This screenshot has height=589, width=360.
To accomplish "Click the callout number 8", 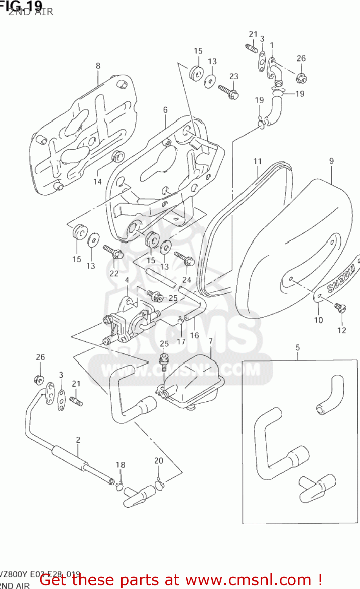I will pos(98,66).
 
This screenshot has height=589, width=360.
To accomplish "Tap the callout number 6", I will pos(165,110).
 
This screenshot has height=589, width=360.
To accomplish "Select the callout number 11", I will pos(258,161).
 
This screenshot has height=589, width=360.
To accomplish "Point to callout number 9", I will pos(332,161).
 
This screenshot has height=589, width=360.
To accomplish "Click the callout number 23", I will pos(234,76).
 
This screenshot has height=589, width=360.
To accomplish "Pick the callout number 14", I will pos(97,181).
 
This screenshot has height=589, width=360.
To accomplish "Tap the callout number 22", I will pos(114,273).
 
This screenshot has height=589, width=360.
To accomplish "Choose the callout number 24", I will pos(186,280).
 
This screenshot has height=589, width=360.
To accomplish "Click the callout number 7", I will pos(211,341).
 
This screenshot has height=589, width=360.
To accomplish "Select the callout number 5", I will pos(298,348).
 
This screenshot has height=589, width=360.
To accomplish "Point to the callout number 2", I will pos(78,440).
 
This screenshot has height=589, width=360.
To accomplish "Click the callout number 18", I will pos(120,465).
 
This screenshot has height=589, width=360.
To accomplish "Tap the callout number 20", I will pos(159,461).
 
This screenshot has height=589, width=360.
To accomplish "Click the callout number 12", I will pos(342,330).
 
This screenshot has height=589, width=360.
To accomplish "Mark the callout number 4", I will pos(127,280).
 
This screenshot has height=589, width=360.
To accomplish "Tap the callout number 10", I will pos(318,320).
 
